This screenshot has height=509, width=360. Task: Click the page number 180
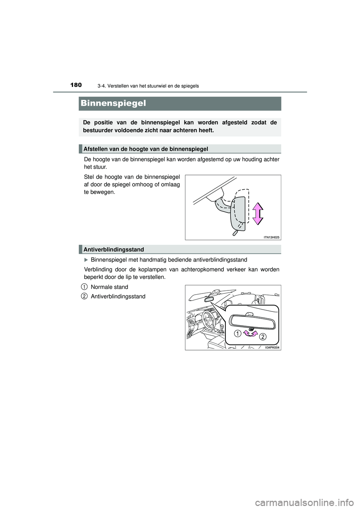coord(75,85)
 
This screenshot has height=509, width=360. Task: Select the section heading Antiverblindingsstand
coord(114,249)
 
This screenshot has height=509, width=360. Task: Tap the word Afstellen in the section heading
coord(95,149)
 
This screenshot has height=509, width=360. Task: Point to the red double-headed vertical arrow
coord(258,213)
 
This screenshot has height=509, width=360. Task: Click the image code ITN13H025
coord(271,237)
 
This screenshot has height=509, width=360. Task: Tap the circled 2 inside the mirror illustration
coord(263,337)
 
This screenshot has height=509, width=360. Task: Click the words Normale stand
coord(109,287)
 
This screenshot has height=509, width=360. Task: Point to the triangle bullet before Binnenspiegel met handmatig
coord(86,260)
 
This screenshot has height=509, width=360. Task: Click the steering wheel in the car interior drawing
coord(206,319)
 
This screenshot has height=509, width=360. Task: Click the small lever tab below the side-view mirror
coord(235,233)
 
